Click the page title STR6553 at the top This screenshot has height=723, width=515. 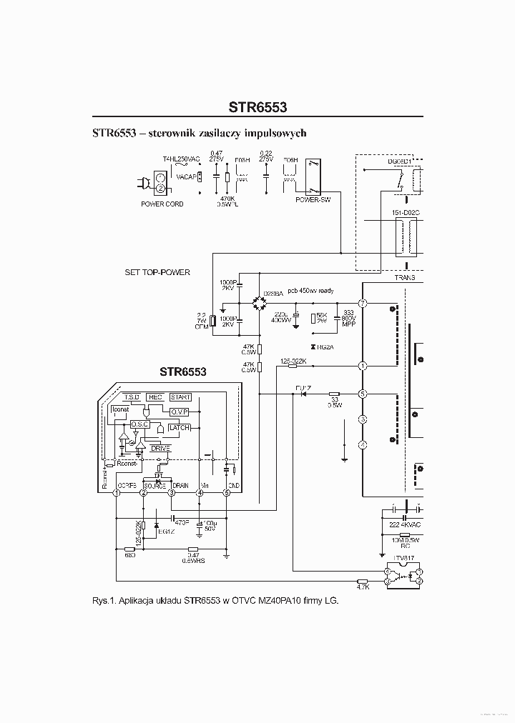point(257,108)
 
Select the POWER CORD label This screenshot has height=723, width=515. point(162,204)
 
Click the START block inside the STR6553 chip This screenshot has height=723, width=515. point(180,397)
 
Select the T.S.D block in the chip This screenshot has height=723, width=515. point(132,397)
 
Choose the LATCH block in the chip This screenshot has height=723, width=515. point(179,427)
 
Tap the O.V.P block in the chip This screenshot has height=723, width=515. point(179,412)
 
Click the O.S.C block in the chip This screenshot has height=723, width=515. point(139,424)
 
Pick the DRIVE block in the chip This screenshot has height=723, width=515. point(160,448)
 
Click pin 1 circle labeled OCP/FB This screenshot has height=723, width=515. point(116,492)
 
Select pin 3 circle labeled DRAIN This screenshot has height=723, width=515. point(172,492)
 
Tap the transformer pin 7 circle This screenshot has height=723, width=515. point(363,304)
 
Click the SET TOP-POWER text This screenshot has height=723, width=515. point(157,273)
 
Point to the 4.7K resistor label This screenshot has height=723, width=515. point(363,587)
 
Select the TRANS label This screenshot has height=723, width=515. point(405,277)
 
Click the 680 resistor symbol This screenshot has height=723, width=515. point(130,548)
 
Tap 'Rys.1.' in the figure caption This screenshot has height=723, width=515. point(106,601)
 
